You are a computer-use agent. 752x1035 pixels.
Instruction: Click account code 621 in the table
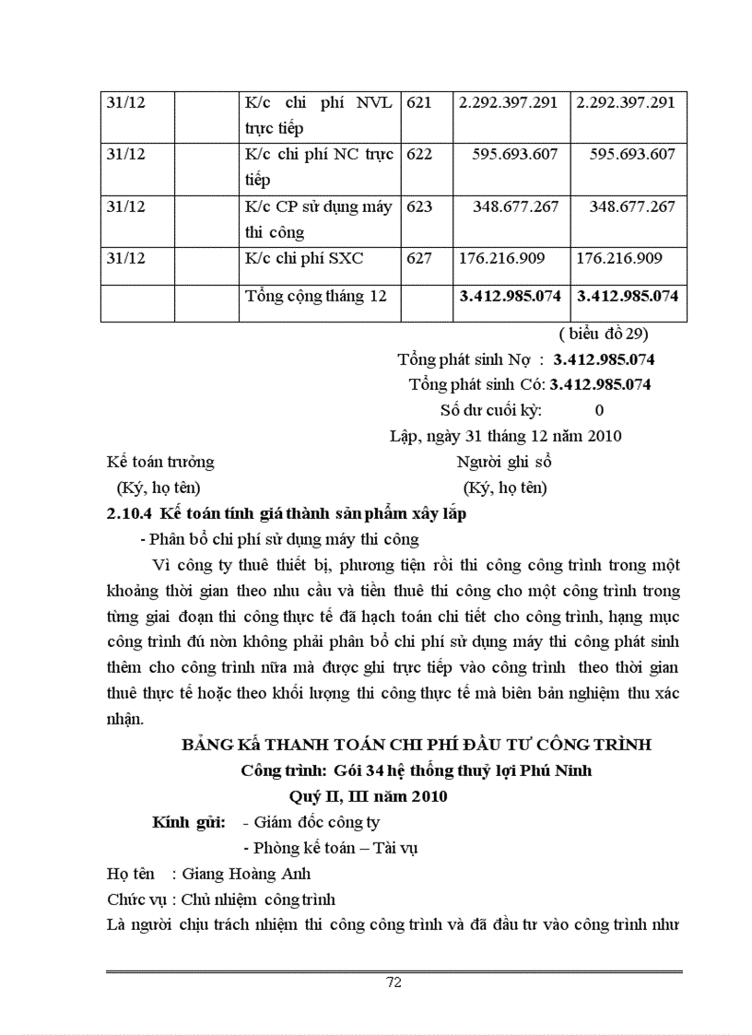click(419, 102)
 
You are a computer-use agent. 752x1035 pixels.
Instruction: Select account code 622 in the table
click(419, 154)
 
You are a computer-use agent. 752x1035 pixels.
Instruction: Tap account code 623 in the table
click(419, 206)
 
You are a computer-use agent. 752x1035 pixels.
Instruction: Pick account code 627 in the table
click(419, 258)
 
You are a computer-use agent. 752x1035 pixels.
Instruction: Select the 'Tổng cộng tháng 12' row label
click(316, 296)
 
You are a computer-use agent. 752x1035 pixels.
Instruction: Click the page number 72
click(394, 982)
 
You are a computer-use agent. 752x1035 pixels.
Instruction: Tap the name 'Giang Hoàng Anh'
click(247, 874)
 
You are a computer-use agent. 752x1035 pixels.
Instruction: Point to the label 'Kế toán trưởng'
click(160, 462)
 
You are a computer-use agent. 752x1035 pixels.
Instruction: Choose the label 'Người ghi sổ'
click(504, 462)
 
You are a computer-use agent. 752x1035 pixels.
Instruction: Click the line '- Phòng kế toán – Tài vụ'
click(329, 848)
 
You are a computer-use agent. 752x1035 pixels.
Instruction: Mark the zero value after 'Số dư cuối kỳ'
click(600, 410)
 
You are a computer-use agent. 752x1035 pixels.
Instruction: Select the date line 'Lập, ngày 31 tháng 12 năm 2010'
click(506, 436)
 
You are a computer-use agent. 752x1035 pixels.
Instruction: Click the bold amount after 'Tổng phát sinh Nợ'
click(604, 359)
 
